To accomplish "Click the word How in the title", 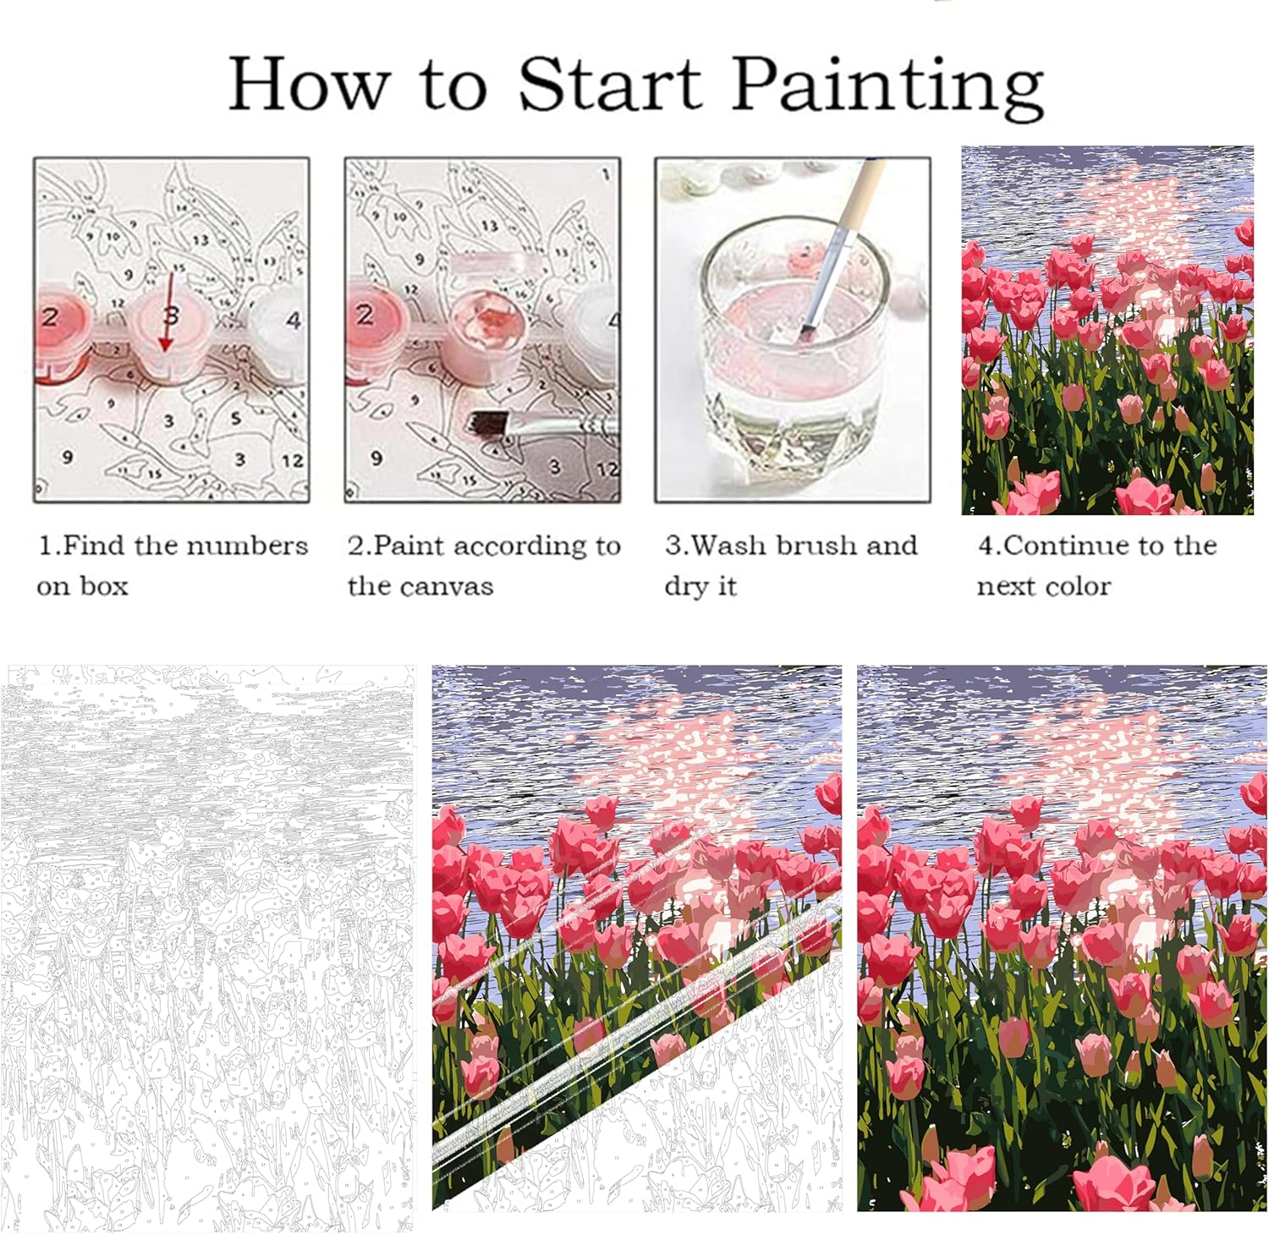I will tap(310, 85).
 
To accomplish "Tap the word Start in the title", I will tap(609, 85).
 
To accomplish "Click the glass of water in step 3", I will tap(791, 347).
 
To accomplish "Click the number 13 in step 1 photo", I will tap(200, 240).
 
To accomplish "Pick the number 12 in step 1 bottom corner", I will tap(292, 461).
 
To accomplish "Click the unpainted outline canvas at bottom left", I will tap(207, 947).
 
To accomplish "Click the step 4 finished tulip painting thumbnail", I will tap(1107, 330).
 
